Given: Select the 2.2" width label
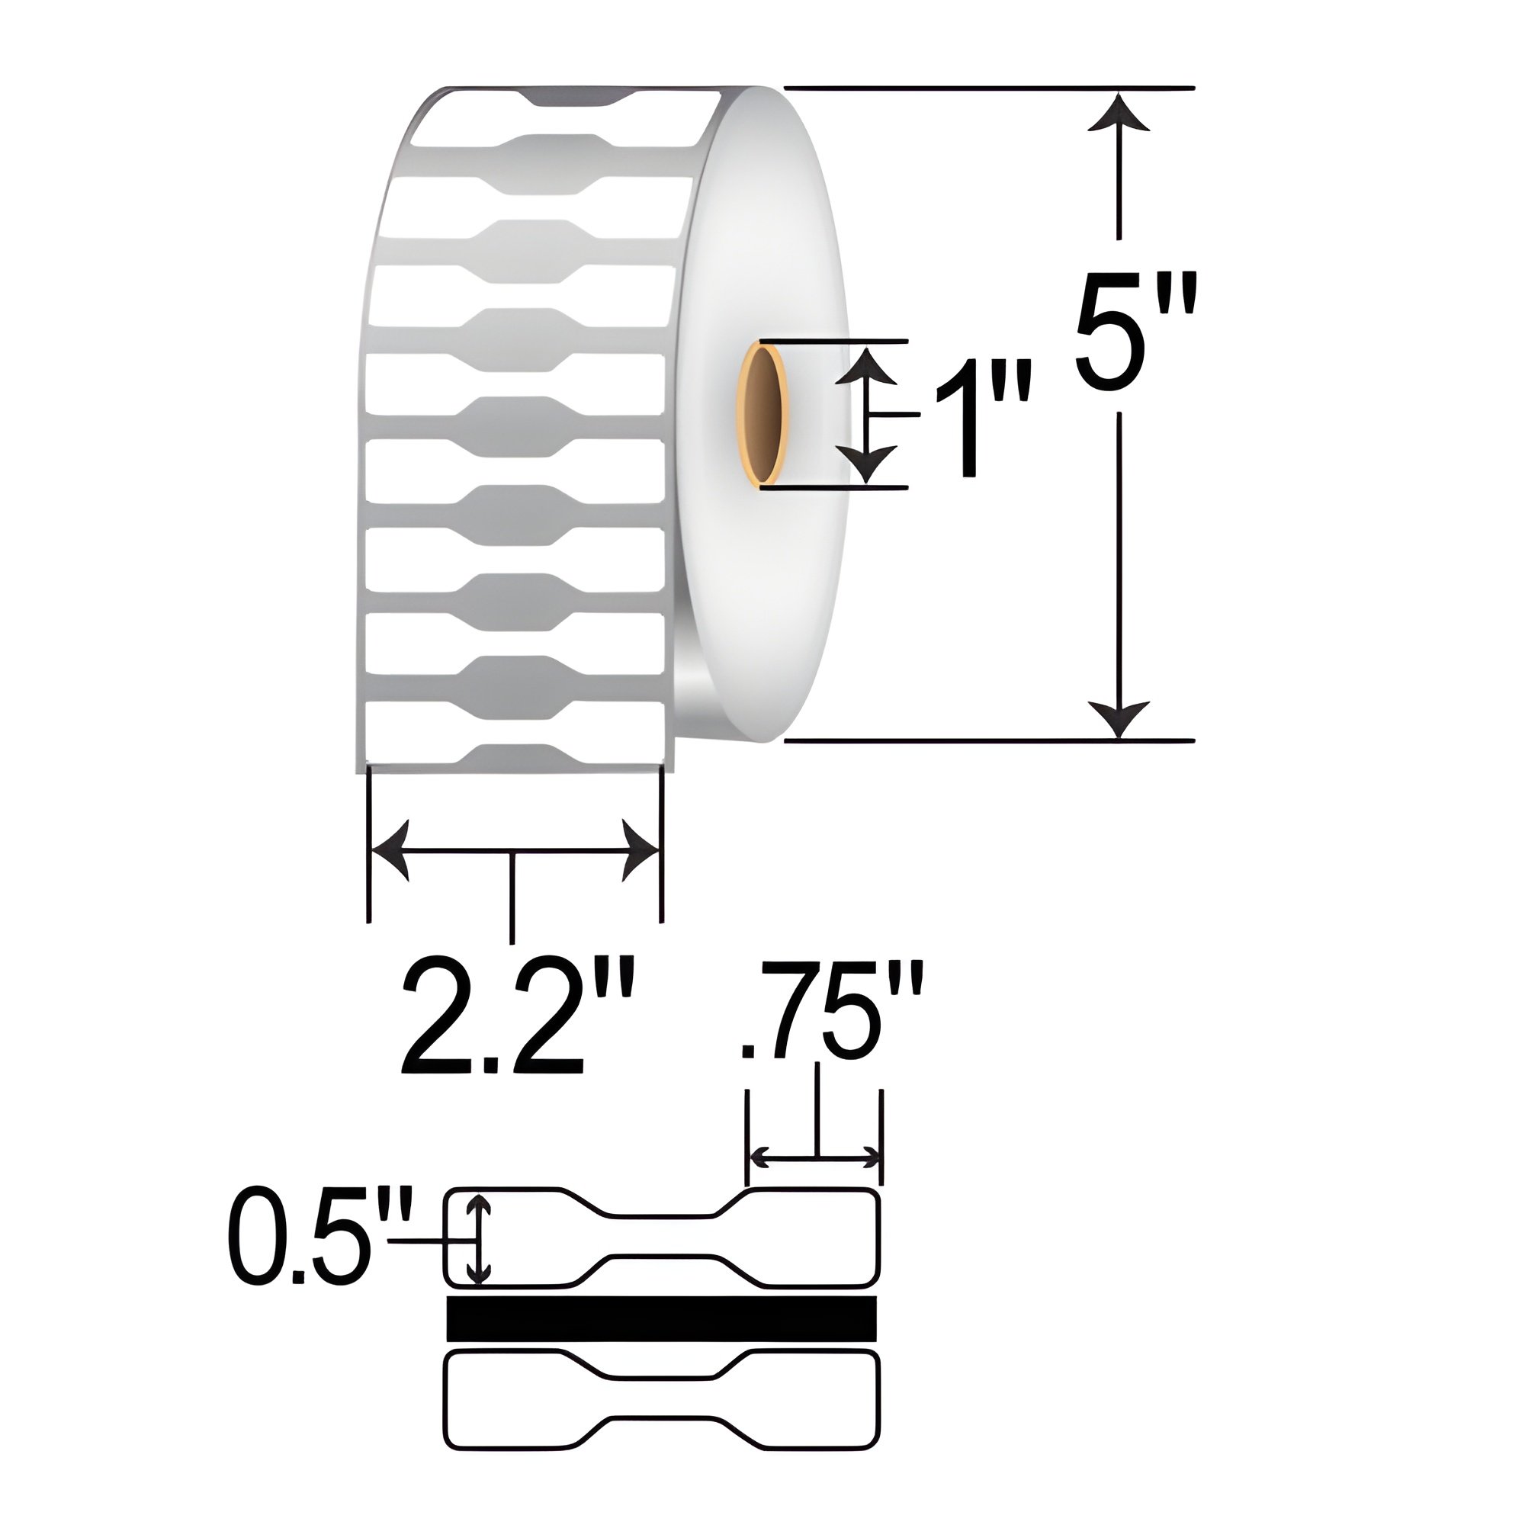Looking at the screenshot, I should click(x=517, y=1017).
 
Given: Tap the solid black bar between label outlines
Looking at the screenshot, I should click(x=661, y=1318).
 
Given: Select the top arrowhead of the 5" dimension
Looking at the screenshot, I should click(x=1119, y=111).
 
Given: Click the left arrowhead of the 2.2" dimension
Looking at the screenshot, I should click(x=390, y=851).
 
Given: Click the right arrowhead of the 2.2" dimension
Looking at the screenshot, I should click(x=640, y=851).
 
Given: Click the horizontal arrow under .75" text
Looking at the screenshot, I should click(x=814, y=1158).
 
